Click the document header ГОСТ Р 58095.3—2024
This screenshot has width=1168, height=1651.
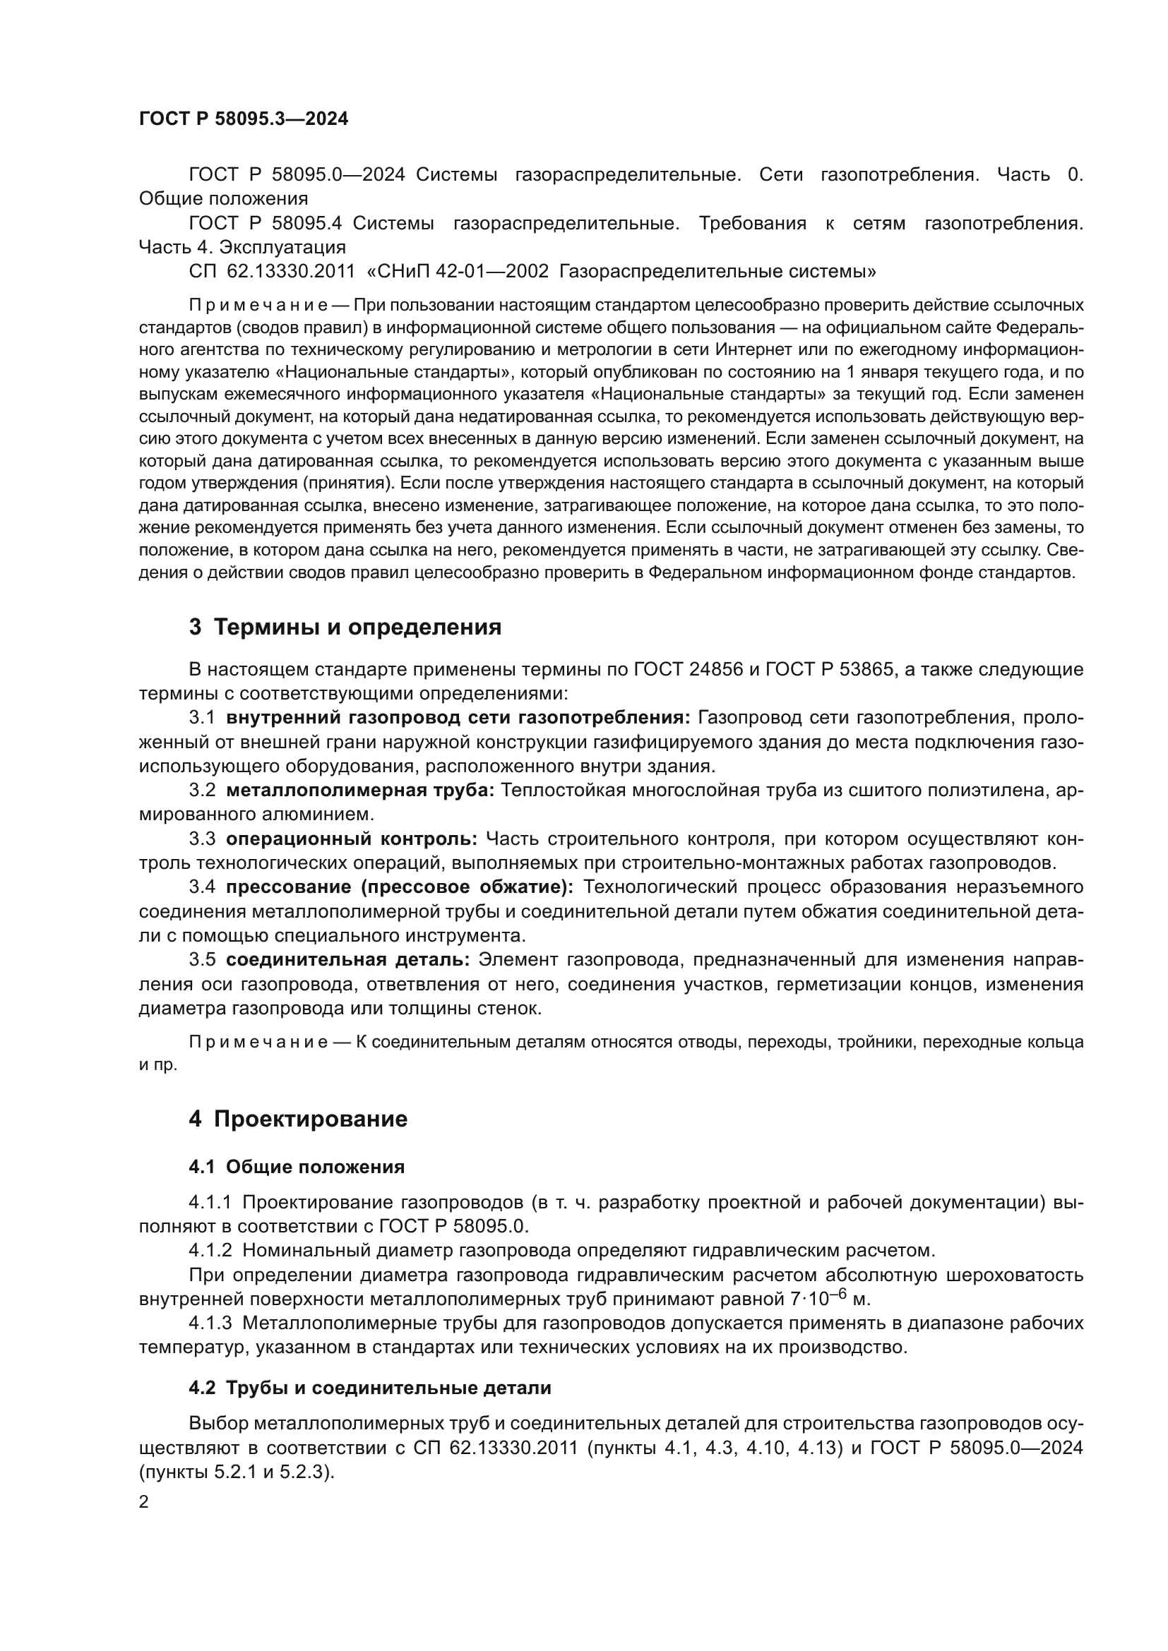[x=243, y=119]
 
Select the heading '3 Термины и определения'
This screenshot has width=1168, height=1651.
[x=345, y=627]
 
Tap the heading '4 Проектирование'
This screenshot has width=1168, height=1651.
[x=298, y=1119]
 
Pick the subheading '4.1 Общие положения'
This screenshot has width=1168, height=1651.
[x=297, y=1166]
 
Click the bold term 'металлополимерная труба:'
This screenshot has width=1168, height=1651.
[x=360, y=791]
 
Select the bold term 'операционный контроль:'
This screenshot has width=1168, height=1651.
[x=352, y=839]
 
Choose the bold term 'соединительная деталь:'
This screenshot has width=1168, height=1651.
[x=348, y=959]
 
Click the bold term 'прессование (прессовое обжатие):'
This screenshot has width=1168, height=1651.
[x=400, y=887]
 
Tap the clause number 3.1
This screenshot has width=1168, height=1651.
[x=202, y=718]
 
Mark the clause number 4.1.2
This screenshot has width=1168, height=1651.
[x=210, y=1250]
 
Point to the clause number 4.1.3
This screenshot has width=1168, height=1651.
[x=210, y=1322]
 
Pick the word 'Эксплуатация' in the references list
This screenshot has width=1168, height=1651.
[x=282, y=247]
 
